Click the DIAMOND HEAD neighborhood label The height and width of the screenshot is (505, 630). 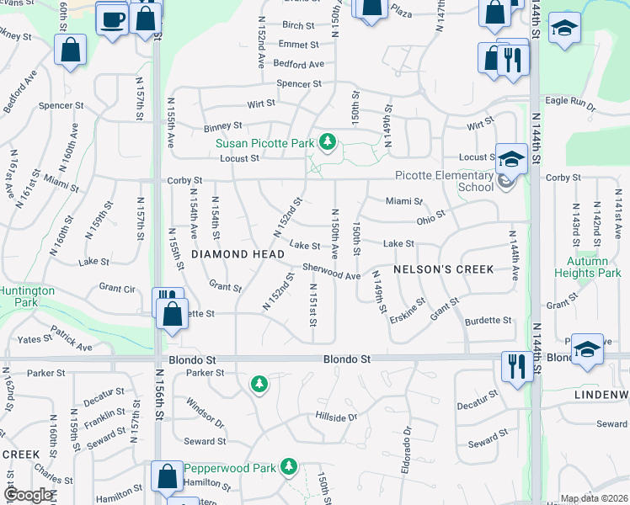tap(230, 253)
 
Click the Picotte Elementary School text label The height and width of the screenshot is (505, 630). tap(445, 181)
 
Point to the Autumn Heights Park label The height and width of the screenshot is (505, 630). tap(587, 267)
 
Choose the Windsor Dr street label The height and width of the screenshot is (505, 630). tap(206, 412)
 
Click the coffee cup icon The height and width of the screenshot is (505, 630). tap(112, 19)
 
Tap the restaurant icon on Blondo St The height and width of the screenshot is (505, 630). tap(515, 366)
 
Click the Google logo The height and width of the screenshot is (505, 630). tap(28, 495)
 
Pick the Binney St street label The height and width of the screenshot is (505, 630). tap(199, 126)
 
